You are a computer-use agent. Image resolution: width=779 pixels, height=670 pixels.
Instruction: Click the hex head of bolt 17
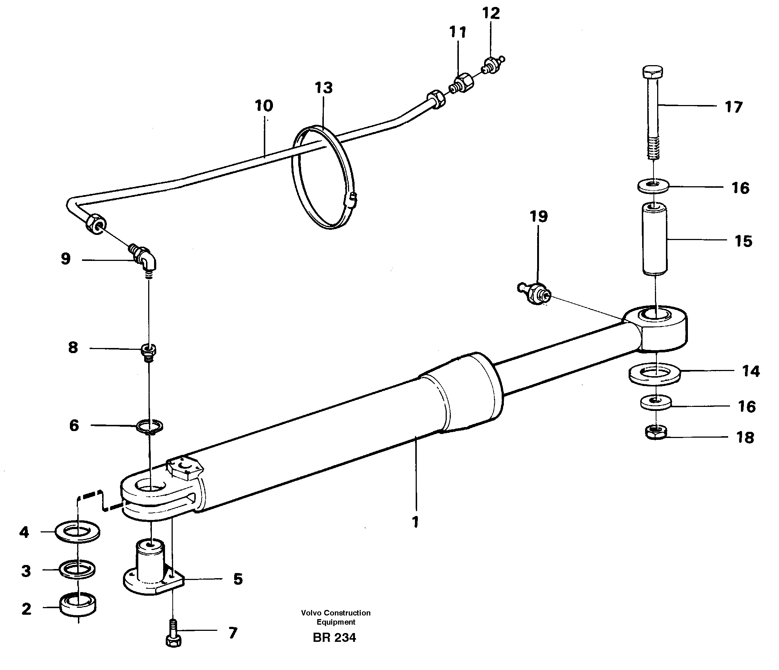point(653,72)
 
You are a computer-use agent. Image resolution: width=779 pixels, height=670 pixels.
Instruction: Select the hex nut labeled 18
point(656,432)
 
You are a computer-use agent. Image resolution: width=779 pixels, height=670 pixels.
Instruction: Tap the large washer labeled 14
point(654,374)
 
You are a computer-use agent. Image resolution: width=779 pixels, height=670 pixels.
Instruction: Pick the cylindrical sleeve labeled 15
point(655,238)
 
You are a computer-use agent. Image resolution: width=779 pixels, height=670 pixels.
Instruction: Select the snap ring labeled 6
point(150,427)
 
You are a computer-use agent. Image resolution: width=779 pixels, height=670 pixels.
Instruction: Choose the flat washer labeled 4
point(78,532)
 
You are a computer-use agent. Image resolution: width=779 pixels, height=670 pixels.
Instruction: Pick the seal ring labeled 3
point(78,569)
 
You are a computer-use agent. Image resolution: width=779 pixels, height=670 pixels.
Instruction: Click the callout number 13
point(324,88)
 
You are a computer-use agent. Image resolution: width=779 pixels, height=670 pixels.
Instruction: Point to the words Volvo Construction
point(336,613)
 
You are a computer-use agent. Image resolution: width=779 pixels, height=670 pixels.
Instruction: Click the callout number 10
point(263,106)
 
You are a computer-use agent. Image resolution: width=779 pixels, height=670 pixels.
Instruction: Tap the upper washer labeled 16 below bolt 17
point(653,186)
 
